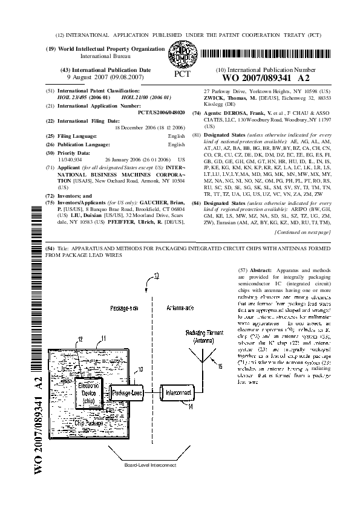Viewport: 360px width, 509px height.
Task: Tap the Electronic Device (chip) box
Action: pos(87,396)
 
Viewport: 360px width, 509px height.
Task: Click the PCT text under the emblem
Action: pos(182,74)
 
